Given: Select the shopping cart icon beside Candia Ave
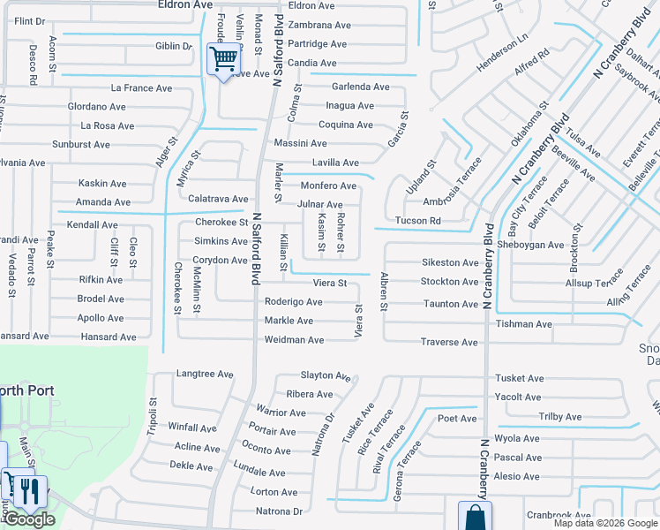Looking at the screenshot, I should (224, 59).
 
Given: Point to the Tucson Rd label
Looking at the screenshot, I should (418, 221).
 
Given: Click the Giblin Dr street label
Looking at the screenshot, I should (174, 46).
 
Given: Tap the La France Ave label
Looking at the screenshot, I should (141, 88).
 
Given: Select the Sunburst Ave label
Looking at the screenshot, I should (80, 144).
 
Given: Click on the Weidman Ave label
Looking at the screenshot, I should (295, 340).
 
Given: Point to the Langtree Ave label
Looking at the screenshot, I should (205, 375).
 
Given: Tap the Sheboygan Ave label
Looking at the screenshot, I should (530, 245).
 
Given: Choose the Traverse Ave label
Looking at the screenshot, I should (449, 342).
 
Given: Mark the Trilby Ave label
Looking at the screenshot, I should (560, 417).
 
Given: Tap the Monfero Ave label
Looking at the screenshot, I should (328, 186).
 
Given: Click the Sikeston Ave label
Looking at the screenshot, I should (450, 262).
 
